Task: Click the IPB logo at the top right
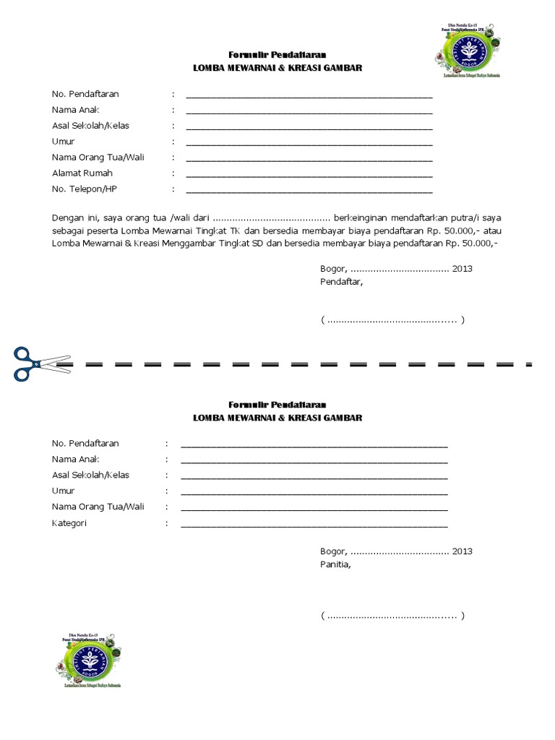(x=465, y=52)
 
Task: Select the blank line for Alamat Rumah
(x=309, y=176)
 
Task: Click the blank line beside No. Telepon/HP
(x=309, y=192)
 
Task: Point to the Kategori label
(x=69, y=522)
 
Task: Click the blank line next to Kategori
(x=314, y=525)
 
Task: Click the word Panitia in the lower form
(x=336, y=565)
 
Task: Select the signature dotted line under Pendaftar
(x=392, y=320)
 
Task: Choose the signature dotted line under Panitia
(x=392, y=616)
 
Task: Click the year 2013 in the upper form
(x=462, y=268)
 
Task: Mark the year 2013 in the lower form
(x=462, y=551)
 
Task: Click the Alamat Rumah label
(x=82, y=173)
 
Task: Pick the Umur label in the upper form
(x=64, y=142)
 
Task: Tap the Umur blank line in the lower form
(x=314, y=494)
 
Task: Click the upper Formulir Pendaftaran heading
(x=277, y=55)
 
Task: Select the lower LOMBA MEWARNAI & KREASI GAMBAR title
(x=277, y=418)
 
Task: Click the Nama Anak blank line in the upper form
(x=309, y=112)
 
